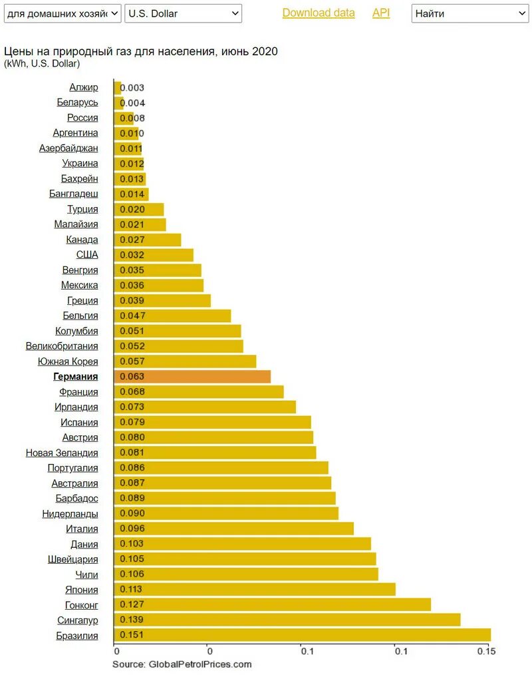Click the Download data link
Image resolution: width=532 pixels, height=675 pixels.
(x=319, y=13)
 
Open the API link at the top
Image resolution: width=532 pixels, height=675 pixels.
(x=381, y=13)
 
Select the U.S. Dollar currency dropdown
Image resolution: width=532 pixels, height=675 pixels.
(x=184, y=13)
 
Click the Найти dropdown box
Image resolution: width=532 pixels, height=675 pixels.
(x=469, y=13)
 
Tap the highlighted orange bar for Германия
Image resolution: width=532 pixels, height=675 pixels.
(x=193, y=377)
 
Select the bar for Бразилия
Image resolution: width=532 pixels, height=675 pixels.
(x=303, y=635)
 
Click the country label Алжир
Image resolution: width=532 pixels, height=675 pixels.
(x=84, y=87)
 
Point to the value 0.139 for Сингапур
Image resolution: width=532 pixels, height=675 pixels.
(x=131, y=620)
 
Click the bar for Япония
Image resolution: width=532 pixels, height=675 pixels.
(x=255, y=589)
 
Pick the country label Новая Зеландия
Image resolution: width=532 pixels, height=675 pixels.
(x=62, y=453)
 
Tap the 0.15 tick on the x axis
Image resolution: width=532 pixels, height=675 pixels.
(x=487, y=651)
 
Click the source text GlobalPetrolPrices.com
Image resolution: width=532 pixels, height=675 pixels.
(x=182, y=664)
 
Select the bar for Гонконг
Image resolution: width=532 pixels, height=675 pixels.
(x=273, y=604)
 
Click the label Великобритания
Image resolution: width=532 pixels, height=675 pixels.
(x=62, y=346)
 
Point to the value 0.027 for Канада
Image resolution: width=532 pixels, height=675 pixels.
(x=131, y=240)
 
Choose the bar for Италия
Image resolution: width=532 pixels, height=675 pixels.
(x=234, y=529)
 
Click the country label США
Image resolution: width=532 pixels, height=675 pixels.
(x=87, y=255)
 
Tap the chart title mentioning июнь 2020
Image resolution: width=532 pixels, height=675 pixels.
(x=141, y=51)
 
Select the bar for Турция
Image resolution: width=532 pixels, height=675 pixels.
(x=140, y=209)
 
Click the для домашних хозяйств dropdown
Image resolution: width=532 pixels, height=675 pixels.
(x=63, y=13)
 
